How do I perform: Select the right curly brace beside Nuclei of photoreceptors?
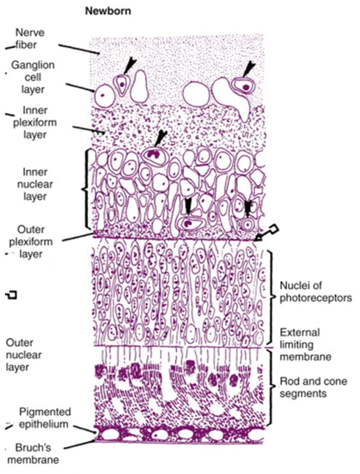272,298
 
